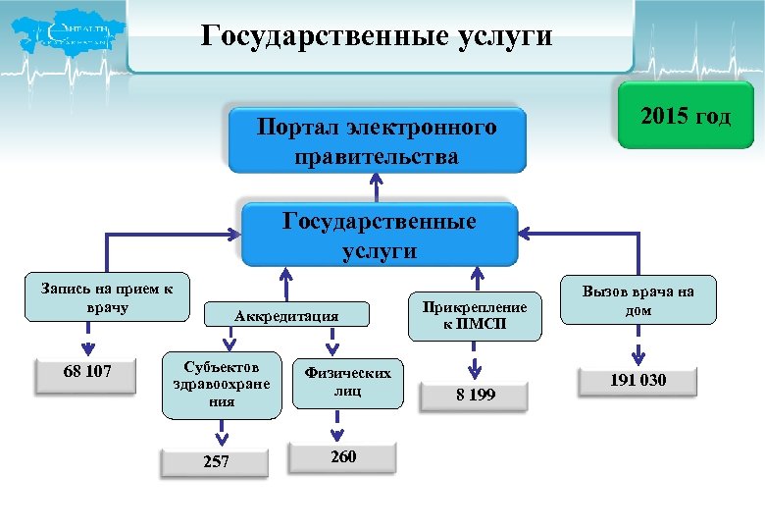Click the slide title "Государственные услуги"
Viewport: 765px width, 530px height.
(x=378, y=37)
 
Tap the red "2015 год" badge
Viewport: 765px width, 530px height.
(x=686, y=118)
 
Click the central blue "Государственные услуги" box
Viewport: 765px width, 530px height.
(x=380, y=236)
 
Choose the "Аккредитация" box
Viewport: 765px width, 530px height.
(x=286, y=315)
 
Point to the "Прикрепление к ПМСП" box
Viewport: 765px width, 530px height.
(x=475, y=315)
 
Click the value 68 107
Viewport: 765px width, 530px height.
(x=86, y=373)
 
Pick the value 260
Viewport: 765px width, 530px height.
(x=343, y=457)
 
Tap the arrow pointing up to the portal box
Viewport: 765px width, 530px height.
(x=377, y=187)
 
